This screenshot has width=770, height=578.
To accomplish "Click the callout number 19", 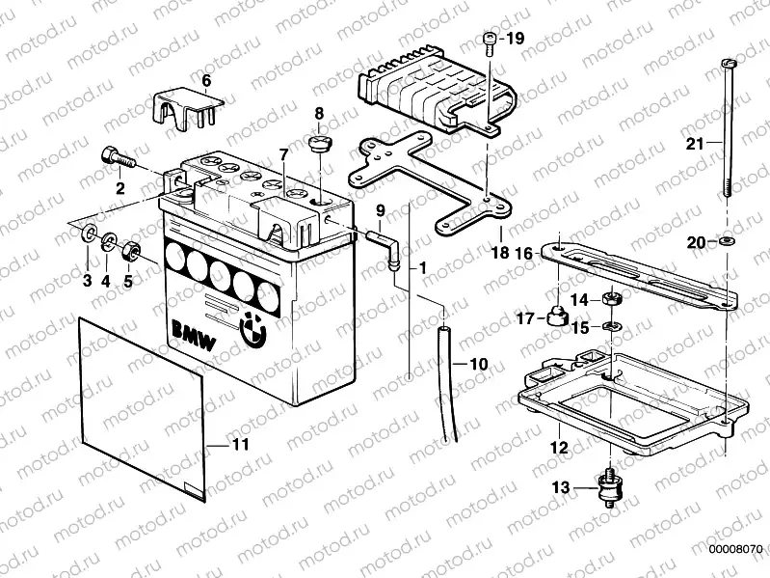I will pyautogui.click(x=515, y=40).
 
